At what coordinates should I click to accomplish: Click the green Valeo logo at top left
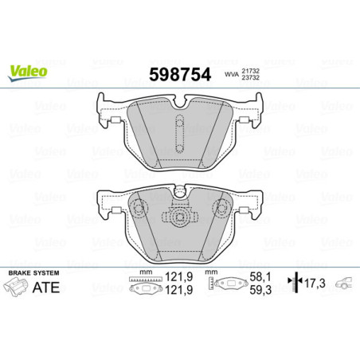click(x=28, y=72)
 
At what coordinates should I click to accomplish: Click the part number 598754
click(x=180, y=75)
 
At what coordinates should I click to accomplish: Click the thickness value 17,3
click(x=317, y=284)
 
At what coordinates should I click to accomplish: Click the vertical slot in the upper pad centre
click(x=180, y=130)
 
